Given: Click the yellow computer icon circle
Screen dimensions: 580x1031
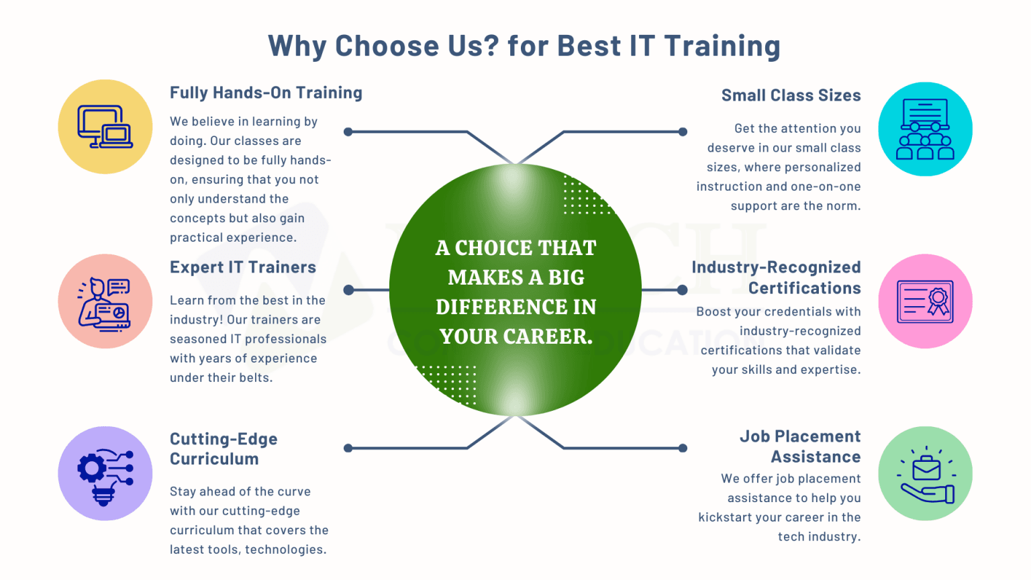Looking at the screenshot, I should pyautogui.click(x=105, y=127).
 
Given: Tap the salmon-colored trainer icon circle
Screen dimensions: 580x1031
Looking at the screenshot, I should pyautogui.click(x=105, y=301).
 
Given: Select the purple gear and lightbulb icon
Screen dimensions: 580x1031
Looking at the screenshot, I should pyautogui.click(x=105, y=473).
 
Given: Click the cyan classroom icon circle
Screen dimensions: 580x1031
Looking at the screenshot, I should pyautogui.click(x=925, y=130).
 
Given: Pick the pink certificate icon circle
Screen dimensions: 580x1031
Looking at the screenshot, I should pyautogui.click(x=925, y=301).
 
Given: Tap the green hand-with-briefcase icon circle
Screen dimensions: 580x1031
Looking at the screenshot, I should pyautogui.click(x=925, y=473).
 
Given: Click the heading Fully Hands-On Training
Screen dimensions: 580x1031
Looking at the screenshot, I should pyautogui.click(x=266, y=93).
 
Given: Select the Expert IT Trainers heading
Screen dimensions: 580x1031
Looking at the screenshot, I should pyautogui.click(x=242, y=267).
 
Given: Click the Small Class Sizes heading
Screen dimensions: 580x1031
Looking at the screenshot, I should pyautogui.click(x=791, y=95).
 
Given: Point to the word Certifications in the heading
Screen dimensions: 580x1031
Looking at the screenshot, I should pyautogui.click(x=804, y=288).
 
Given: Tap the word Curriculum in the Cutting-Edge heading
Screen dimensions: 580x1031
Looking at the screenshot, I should pyautogui.click(x=214, y=459).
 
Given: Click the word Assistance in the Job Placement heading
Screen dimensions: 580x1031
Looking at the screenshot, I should pyautogui.click(x=816, y=457).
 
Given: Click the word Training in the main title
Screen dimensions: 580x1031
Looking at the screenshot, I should pyautogui.click(x=722, y=46).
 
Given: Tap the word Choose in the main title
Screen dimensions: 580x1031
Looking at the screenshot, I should pyautogui.click(x=387, y=46).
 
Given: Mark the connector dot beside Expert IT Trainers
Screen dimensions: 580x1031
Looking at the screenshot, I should pyautogui.click(x=348, y=290).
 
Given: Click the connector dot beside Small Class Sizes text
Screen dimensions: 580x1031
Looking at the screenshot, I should pyautogui.click(x=683, y=132).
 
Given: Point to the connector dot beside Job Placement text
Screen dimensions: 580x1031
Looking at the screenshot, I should pyautogui.click(x=683, y=448).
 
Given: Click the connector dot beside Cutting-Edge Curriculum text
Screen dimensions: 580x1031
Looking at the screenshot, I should pyautogui.click(x=348, y=448).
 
